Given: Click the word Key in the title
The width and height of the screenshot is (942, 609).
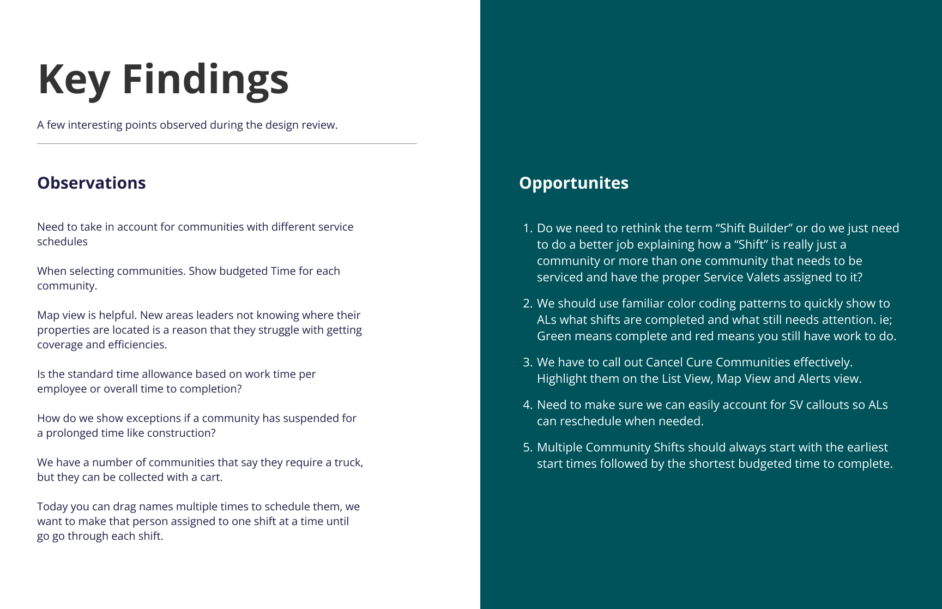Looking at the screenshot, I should pos(74,80).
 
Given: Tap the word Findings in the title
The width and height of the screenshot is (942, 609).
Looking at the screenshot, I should pos(205,80).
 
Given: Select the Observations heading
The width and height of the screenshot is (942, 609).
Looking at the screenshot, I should pos(91,183).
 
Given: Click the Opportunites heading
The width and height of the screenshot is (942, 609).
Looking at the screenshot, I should pos(573,183).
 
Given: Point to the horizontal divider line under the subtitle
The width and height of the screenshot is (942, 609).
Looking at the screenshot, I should pos(227,144).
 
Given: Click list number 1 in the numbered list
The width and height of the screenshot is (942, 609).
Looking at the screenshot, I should pos(527,228).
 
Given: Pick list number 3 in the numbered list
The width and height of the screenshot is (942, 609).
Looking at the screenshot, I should pos(527,362).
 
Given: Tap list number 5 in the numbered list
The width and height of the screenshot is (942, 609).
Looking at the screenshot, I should pos(527,447).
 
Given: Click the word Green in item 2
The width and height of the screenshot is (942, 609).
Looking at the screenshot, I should pos(554,336).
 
